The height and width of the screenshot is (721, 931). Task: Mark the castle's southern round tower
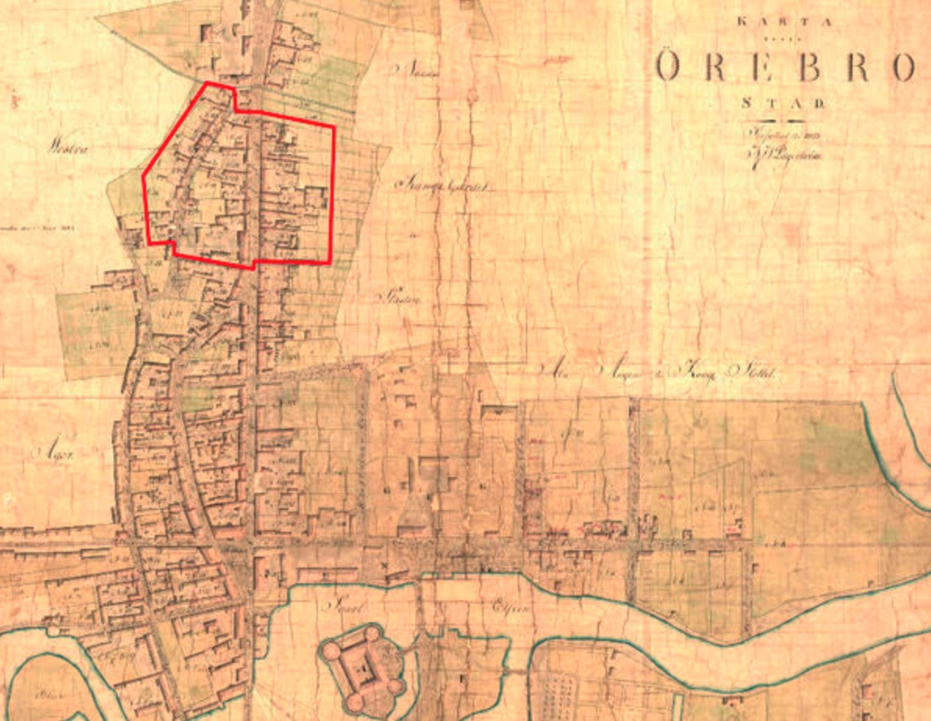pos(355,701)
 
